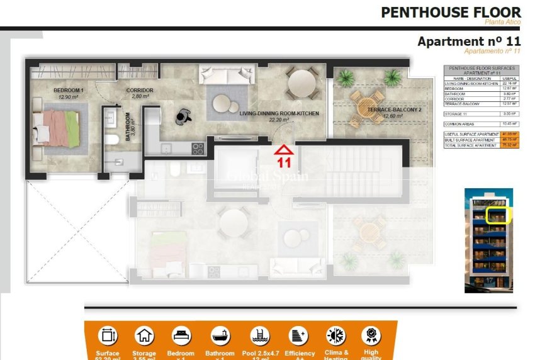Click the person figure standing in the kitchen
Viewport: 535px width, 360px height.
[183, 115]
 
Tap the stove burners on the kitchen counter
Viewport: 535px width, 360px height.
[198, 149]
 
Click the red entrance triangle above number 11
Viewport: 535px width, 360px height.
[284, 149]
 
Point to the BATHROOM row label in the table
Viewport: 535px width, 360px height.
[454, 94]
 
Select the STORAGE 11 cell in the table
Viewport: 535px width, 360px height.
[456, 114]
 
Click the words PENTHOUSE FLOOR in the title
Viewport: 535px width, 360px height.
[451, 12]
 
